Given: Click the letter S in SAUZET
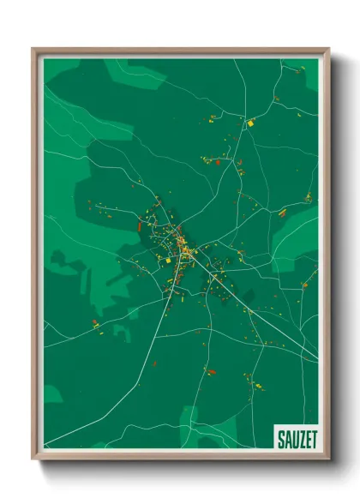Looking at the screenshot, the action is (x=280, y=440).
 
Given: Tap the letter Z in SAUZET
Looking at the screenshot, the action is (x=300, y=440).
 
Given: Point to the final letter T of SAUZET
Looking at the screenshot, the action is (x=314, y=440).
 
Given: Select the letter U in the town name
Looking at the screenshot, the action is (x=293, y=440).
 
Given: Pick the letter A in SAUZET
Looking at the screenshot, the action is (x=286, y=440).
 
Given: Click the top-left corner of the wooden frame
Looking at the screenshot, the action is (x=33, y=50).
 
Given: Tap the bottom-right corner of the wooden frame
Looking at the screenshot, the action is (x=327, y=458).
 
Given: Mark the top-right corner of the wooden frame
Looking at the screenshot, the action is (x=327, y=50).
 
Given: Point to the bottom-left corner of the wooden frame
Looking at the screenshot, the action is (x=33, y=458).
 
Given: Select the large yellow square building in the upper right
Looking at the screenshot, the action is (x=250, y=123).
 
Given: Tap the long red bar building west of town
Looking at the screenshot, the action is (x=140, y=226).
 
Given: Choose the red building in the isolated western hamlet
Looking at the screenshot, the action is (x=95, y=323).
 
